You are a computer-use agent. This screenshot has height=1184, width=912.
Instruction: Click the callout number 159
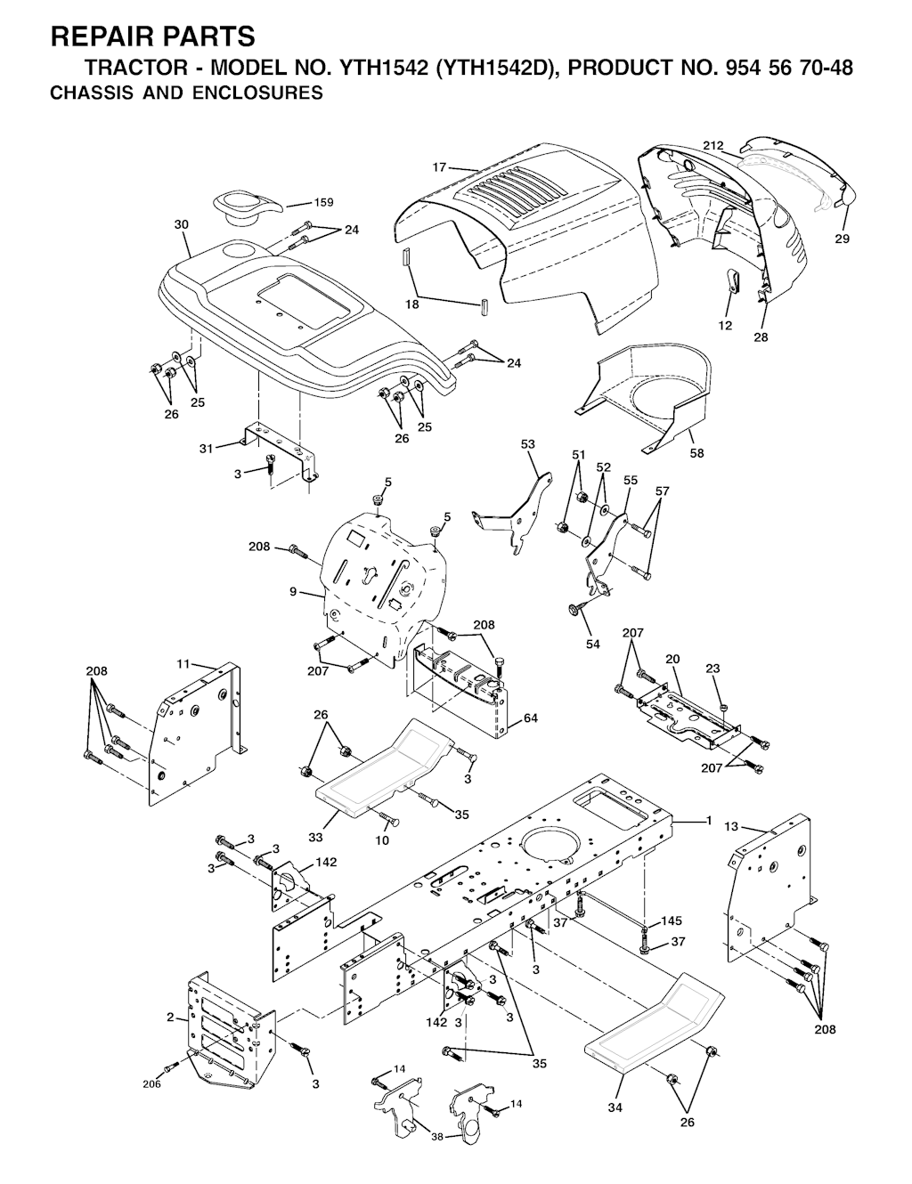(324, 203)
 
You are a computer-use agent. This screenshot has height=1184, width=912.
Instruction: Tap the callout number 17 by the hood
(439, 167)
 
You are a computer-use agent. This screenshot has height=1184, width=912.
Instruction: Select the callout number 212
(713, 145)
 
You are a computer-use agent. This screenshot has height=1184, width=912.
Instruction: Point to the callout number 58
(696, 453)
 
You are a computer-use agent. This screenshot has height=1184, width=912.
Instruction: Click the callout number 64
(531, 718)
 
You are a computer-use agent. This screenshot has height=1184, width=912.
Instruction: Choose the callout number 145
(671, 920)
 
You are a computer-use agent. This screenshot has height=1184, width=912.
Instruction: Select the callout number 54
(592, 644)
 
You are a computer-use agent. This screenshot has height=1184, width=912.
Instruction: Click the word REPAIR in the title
(96, 36)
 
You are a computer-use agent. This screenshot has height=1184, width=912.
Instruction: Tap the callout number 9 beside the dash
(293, 591)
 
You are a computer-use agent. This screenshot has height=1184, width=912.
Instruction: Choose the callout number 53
(527, 444)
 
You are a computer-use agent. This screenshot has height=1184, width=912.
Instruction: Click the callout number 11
(183, 663)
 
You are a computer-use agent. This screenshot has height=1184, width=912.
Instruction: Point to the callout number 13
(731, 826)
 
